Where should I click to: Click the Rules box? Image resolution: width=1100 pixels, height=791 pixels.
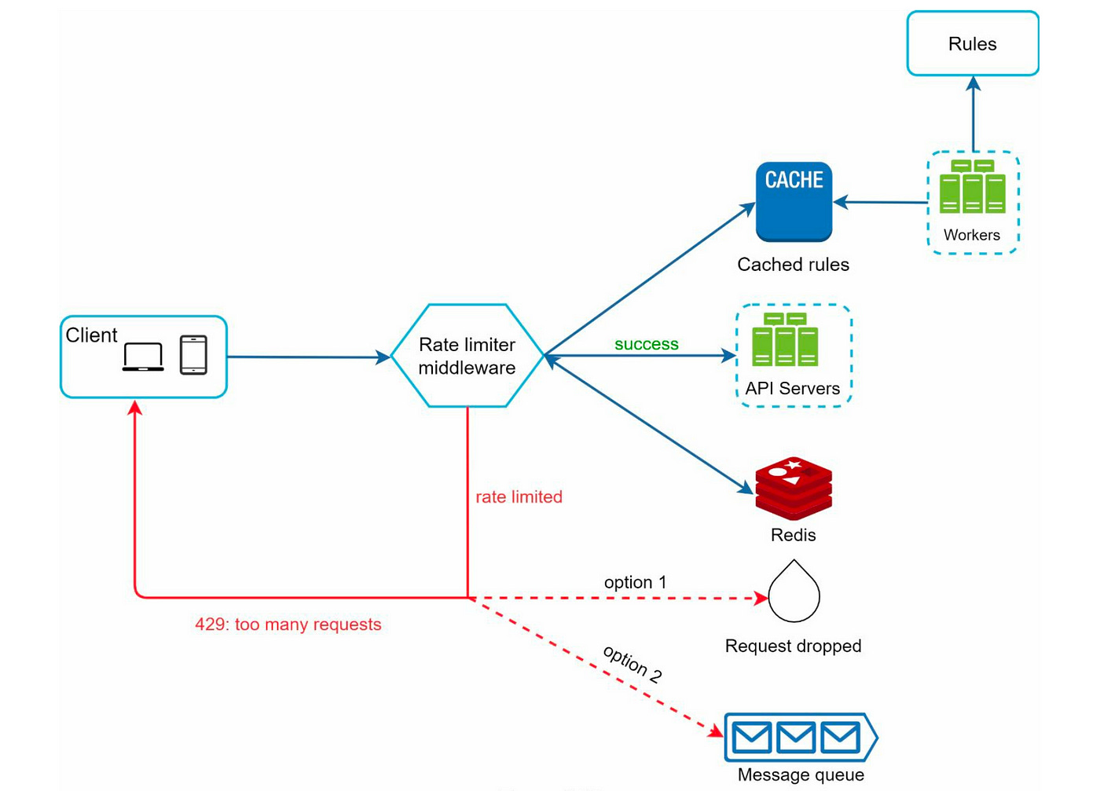coord(973,44)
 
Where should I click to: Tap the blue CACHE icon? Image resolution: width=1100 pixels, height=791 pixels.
coord(794,202)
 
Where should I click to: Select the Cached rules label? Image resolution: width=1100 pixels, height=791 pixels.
coord(793,265)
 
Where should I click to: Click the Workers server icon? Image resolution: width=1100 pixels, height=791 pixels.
coord(973,187)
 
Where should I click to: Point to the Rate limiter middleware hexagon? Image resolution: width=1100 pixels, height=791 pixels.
coord(467,356)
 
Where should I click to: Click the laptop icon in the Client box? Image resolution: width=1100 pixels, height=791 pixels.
coord(143,357)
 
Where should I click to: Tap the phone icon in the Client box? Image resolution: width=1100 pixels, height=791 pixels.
coord(193,355)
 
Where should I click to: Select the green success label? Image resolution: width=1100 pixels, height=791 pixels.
coord(646,344)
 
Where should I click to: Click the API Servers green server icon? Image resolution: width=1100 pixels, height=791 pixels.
coord(785,339)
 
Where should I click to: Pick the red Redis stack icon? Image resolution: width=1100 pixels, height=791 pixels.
coord(794,489)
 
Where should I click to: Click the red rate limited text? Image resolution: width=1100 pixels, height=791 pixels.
coord(519,497)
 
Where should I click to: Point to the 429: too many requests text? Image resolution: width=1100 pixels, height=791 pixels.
coord(288,624)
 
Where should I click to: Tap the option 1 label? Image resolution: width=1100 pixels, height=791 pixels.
coord(635,582)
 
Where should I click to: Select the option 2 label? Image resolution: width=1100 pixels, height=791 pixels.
coord(632,665)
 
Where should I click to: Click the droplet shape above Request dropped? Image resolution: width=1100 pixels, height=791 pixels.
coord(794,591)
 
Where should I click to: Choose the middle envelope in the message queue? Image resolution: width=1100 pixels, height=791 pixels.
coord(795,737)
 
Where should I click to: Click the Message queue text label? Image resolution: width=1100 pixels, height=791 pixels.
coord(801,775)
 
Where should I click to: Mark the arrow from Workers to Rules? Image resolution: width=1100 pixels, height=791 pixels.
coord(973,114)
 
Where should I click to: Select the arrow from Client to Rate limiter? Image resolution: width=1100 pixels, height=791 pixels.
coord(309,357)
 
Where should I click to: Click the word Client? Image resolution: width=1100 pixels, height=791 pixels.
coord(91,335)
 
